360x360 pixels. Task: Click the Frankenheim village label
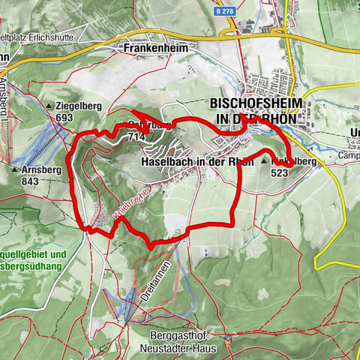157,46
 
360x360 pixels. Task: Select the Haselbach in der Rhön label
197,161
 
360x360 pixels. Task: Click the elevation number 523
280,172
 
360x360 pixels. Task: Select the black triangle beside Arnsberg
13,169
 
